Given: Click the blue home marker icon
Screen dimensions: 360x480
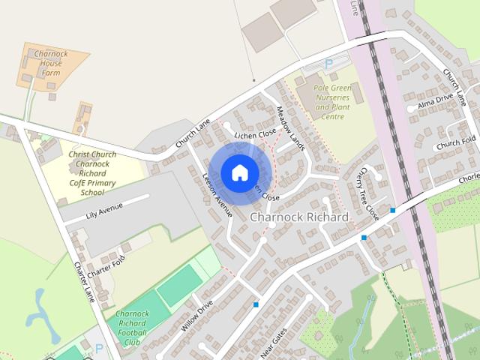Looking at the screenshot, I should click(x=238, y=173).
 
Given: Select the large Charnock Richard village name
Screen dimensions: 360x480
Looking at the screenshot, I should click(x=300, y=217).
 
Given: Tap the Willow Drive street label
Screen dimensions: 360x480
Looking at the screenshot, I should click(x=196, y=316).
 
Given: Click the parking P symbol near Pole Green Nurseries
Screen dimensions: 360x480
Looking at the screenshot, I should click(x=328, y=65).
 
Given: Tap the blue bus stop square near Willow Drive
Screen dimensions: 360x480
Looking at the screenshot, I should click(x=256, y=304).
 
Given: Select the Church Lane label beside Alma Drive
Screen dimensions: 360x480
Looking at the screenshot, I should click(x=457, y=86).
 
